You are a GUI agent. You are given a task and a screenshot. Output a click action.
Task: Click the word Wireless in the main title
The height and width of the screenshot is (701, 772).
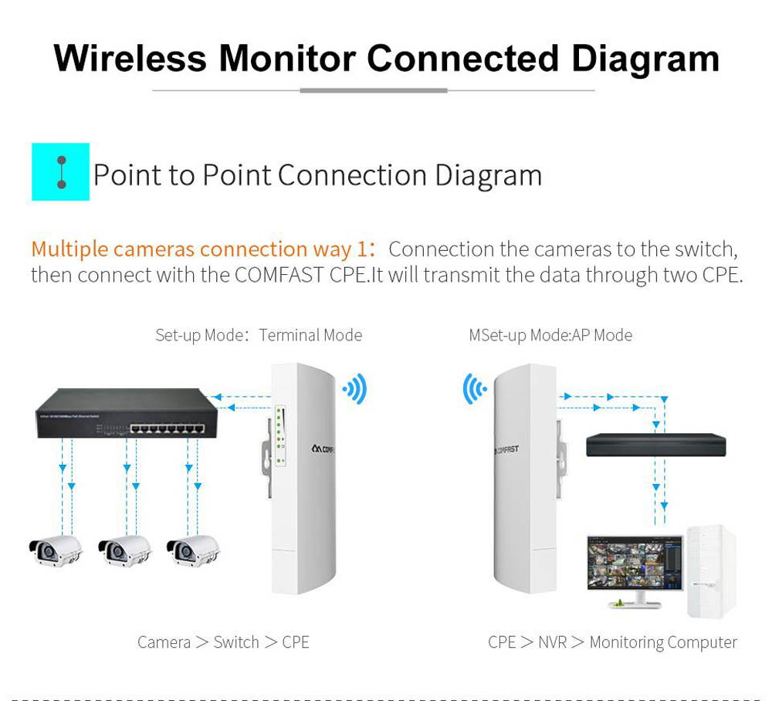[129, 59]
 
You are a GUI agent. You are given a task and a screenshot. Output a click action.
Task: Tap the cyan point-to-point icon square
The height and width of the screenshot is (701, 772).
[60, 171]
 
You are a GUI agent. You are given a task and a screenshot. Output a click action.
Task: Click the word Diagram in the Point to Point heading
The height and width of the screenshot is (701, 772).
[488, 175]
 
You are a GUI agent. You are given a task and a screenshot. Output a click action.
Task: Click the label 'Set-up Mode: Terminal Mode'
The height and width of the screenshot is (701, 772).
[258, 335]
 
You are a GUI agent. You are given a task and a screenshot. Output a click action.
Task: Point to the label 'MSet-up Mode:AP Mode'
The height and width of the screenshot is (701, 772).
[550, 335]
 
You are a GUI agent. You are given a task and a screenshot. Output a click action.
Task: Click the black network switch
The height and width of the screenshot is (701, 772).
[126, 413]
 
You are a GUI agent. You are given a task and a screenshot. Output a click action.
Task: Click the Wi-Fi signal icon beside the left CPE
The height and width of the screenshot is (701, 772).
[355, 389]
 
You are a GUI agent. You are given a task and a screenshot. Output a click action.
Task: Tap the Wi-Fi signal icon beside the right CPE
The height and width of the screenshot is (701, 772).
[474, 389]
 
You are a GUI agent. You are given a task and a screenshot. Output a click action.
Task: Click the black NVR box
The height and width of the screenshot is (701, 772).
[655, 445]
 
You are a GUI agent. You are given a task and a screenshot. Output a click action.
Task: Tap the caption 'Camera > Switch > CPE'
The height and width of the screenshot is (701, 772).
[223, 642]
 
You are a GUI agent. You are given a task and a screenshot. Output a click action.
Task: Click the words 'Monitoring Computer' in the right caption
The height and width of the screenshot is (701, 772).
[663, 642]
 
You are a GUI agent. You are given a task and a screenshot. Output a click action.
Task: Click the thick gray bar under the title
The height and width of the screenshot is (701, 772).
[374, 90]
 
